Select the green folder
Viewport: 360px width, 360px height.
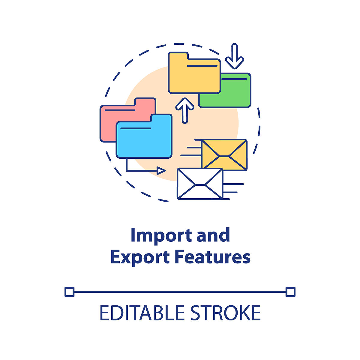click(235, 93)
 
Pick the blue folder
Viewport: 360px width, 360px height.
click(144, 138)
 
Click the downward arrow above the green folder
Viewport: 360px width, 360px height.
click(235, 56)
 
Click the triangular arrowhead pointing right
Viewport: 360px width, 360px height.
click(161, 171)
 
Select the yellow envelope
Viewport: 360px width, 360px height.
click(224, 155)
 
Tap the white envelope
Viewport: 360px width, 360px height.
click(200, 184)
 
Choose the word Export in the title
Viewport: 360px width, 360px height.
click(140, 258)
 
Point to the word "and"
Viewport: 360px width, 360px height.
click(213, 235)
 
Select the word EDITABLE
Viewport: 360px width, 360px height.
click(142, 313)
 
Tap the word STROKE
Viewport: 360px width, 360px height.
click(226, 313)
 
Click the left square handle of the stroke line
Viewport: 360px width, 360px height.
click(70, 292)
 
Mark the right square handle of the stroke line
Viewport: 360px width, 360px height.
click(290, 292)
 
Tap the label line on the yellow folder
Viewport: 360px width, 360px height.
click(202, 66)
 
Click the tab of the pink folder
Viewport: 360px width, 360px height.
click(145, 102)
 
